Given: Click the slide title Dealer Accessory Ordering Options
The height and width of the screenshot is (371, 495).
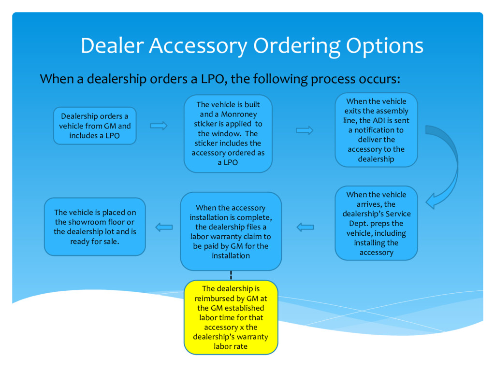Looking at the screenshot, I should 252,46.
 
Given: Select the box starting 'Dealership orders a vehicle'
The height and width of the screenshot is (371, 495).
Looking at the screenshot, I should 95,126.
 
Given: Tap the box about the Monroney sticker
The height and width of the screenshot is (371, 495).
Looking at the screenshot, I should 228,134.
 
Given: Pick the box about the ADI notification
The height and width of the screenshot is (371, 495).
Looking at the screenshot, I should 376,130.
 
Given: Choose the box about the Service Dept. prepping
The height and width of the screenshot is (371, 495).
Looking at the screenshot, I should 376,223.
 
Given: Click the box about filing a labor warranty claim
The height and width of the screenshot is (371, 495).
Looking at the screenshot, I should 231,231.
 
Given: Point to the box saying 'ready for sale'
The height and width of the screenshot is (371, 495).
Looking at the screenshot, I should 95,227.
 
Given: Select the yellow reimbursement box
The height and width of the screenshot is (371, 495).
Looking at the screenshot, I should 231,317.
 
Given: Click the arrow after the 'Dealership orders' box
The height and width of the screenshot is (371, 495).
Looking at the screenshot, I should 159,126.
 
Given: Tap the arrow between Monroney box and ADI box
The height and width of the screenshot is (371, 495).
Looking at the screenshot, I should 305,130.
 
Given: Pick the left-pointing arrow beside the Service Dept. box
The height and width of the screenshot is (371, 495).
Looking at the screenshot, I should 305,227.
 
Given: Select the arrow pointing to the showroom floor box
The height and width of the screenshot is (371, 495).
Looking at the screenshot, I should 164,227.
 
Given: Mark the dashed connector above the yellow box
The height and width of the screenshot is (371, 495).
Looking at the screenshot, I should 231,275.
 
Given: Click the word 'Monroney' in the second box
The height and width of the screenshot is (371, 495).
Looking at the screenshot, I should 239,114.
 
